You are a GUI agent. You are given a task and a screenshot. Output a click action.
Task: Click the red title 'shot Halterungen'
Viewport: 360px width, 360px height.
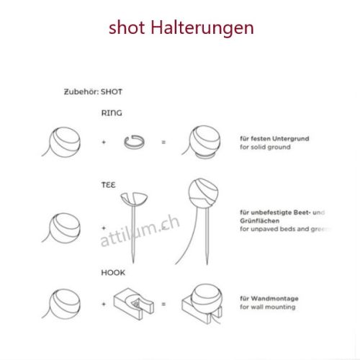[181, 28]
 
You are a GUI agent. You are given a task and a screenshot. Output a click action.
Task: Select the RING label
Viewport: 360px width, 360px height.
[112, 113]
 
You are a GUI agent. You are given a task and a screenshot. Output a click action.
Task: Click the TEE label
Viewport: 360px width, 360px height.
[108, 185]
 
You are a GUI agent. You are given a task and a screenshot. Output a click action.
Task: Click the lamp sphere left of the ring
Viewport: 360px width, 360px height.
[64, 140]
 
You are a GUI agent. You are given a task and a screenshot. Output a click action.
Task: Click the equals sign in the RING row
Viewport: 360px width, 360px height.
[163, 142]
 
